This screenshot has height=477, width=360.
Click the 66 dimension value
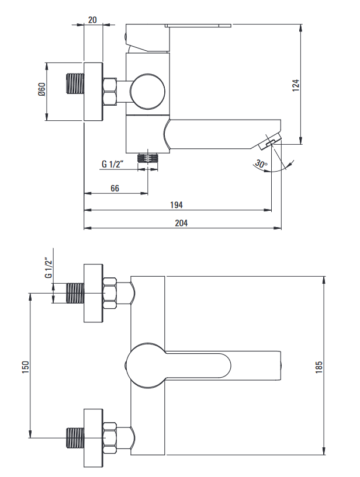tap(115, 187)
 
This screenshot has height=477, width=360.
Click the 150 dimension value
tap(25, 366)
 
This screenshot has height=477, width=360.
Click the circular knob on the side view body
tap(147, 91)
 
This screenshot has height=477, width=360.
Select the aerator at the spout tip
tap(271, 141)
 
